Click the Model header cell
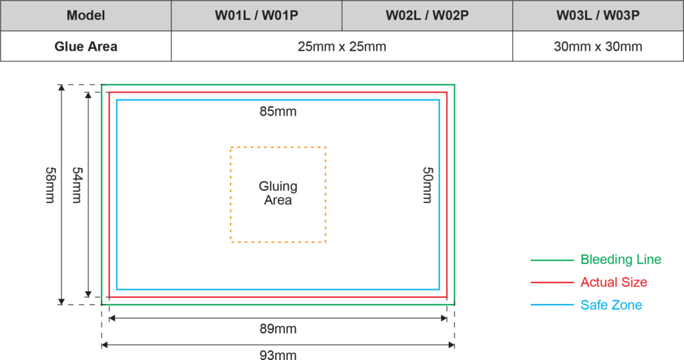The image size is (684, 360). pos(86,16)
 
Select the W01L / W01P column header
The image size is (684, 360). pos(256,16)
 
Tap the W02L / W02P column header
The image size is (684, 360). pos(427,16)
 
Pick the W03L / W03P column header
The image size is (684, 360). pos(598,16)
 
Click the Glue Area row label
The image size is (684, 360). pos(86,46)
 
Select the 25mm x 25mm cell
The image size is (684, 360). pos(342,46)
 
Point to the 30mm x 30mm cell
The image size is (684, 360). pos(598,46)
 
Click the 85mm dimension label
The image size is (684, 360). pos(279,112)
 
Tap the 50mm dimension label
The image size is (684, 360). pos(427,185)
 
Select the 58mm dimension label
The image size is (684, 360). pos(50,185)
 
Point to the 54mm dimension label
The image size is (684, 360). pos(77,185)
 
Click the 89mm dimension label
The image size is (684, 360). pos(279,329)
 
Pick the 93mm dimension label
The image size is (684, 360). pos(279,355)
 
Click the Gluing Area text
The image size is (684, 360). pos(278,193)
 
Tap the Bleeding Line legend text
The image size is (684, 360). pos(621,260)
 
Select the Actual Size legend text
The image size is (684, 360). pos(614,283)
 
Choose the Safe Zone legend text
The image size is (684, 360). pos(611,305)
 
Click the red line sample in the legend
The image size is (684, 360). pos(552,283)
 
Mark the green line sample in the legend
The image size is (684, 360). pos(552,260)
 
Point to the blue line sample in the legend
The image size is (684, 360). pos(552,305)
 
